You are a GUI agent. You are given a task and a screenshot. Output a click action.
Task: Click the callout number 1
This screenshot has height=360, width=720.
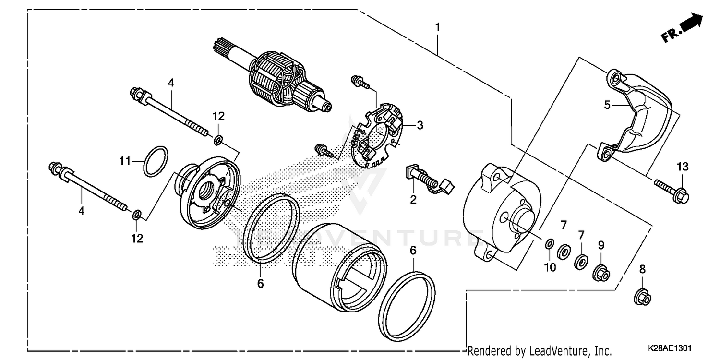437,27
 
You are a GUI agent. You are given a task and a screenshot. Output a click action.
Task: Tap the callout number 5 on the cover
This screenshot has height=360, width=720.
607,105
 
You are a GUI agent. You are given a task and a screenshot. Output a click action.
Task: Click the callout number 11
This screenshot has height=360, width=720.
125,161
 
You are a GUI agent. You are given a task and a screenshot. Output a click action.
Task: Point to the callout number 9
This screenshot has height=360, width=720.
600,245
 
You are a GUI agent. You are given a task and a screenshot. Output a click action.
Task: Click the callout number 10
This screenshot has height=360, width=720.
550,267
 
